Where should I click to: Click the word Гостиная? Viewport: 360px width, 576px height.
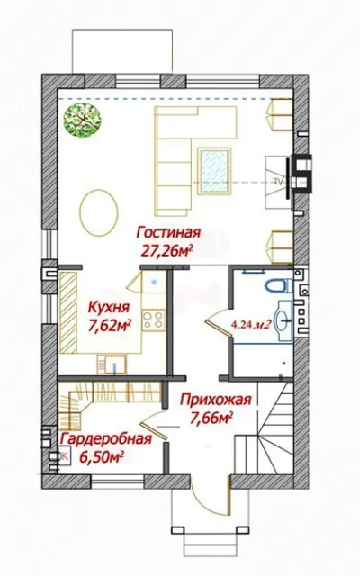tap(168, 233)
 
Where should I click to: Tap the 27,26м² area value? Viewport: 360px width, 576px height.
tap(167, 250)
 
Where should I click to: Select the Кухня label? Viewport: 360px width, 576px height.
tap(109, 307)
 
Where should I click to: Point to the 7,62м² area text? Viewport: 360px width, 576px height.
tap(110, 325)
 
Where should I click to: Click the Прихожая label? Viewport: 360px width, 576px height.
tap(216, 400)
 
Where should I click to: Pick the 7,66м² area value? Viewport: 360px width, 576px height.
tap(212, 417)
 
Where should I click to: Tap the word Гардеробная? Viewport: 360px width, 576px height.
tap(106, 438)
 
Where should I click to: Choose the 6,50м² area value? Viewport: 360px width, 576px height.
tap(102, 457)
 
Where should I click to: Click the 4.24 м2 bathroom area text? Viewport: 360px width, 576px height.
tap(252, 324)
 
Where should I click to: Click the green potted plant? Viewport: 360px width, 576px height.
tap(82, 120)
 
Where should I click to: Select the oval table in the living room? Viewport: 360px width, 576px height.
tap(99, 212)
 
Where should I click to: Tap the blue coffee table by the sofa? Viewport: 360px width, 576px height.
tap(214, 171)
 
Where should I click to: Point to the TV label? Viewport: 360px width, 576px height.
tap(278, 180)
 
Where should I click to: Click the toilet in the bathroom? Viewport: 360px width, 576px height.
tap(278, 285)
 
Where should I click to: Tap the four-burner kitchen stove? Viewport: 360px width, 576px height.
tap(154, 319)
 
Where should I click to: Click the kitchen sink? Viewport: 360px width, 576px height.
tap(112, 364)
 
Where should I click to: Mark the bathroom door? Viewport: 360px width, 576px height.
tap(219, 322)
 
